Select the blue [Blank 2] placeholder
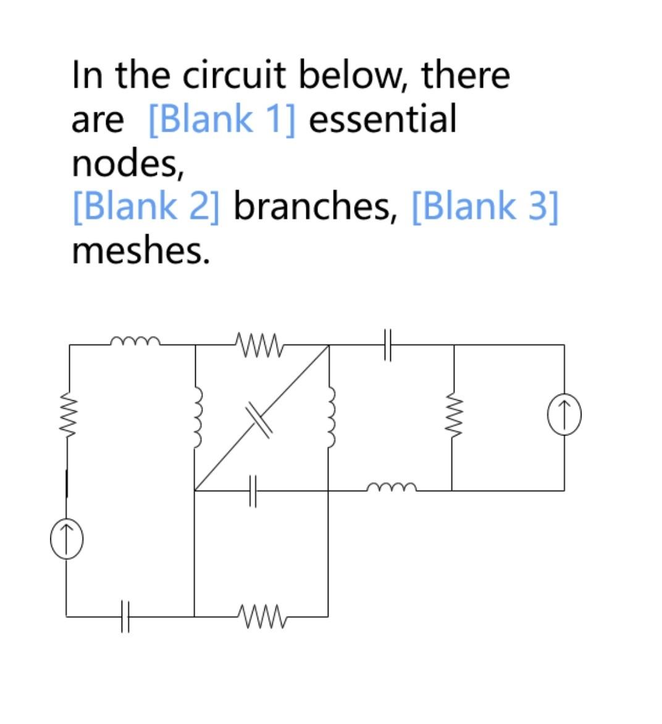click(x=146, y=206)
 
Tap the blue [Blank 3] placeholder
click(x=484, y=206)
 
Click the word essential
click(x=382, y=119)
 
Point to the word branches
click(x=314, y=206)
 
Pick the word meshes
click(x=141, y=250)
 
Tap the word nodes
click(x=127, y=163)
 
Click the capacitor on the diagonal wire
click(x=259, y=418)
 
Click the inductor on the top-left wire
click(x=135, y=340)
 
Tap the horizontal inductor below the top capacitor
click(x=392, y=489)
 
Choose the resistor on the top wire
click(x=259, y=344)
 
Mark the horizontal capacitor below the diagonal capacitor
click(x=253, y=491)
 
